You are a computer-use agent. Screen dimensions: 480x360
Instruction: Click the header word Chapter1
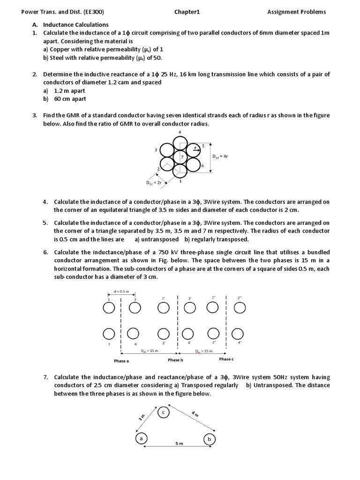point(187,12)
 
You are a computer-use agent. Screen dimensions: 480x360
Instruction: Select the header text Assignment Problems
point(296,12)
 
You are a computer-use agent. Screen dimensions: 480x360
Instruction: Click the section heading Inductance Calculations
point(75,24)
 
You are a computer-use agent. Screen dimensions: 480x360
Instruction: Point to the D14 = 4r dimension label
point(220,157)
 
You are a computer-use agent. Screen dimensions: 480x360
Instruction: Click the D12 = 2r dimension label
point(153,183)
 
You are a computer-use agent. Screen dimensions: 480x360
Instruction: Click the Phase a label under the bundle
point(121,360)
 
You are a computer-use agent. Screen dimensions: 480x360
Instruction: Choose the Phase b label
point(175,360)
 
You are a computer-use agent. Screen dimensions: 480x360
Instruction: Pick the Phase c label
point(226,359)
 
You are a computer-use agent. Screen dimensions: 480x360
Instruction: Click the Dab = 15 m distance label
point(150,351)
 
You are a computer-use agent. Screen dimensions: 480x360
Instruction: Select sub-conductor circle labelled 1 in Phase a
point(108,307)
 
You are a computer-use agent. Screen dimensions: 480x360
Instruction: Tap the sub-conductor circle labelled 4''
point(238,333)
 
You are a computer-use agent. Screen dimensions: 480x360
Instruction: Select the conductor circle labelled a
point(141,439)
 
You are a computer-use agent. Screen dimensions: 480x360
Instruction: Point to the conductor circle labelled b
point(209,439)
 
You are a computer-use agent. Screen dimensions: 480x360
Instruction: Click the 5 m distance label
point(179,443)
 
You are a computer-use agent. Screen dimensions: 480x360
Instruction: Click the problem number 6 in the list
point(46,252)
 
